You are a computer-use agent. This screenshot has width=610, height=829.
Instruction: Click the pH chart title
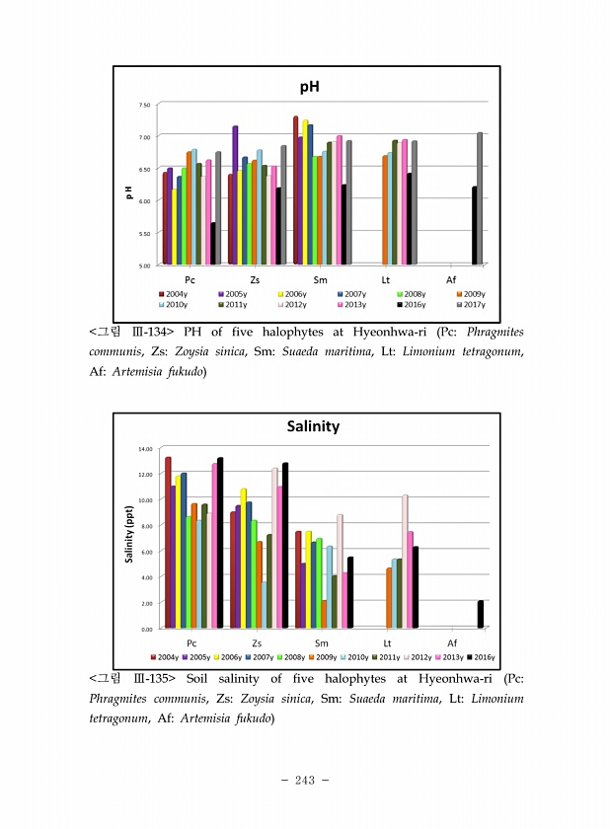[311, 88]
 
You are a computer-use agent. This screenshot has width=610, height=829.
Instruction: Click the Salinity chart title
[313, 426]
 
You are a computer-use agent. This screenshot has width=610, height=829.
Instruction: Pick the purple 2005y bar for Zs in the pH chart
[235, 194]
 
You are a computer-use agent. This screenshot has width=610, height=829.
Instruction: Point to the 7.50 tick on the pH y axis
[144, 104]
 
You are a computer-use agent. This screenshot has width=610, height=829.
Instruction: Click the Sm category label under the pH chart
[320, 280]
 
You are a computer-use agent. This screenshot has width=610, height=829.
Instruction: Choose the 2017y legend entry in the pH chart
[469, 305]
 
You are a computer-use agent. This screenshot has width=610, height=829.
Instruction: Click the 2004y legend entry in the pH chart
[175, 294]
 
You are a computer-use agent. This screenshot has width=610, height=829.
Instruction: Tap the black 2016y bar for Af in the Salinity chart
[481, 614]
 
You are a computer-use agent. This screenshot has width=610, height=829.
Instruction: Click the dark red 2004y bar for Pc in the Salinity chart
[168, 542]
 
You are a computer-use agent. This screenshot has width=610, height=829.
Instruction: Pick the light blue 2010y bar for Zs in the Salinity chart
[264, 604]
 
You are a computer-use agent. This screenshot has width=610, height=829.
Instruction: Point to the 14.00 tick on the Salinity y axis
[145, 448]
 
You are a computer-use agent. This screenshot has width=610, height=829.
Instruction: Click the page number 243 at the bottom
[304, 780]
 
